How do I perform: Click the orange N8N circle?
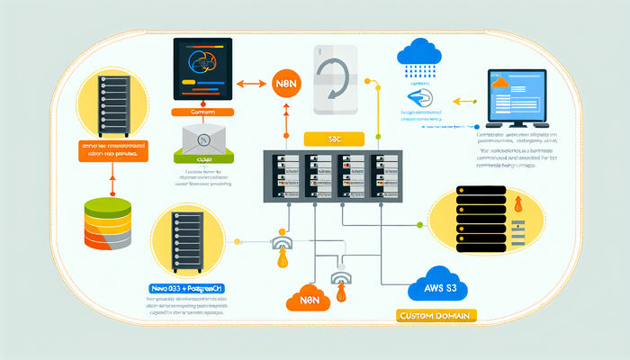pyautogui.click(x=284, y=85)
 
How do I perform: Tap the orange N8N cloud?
pyautogui.click(x=310, y=300)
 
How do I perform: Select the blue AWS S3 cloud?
pyautogui.click(x=437, y=285)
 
